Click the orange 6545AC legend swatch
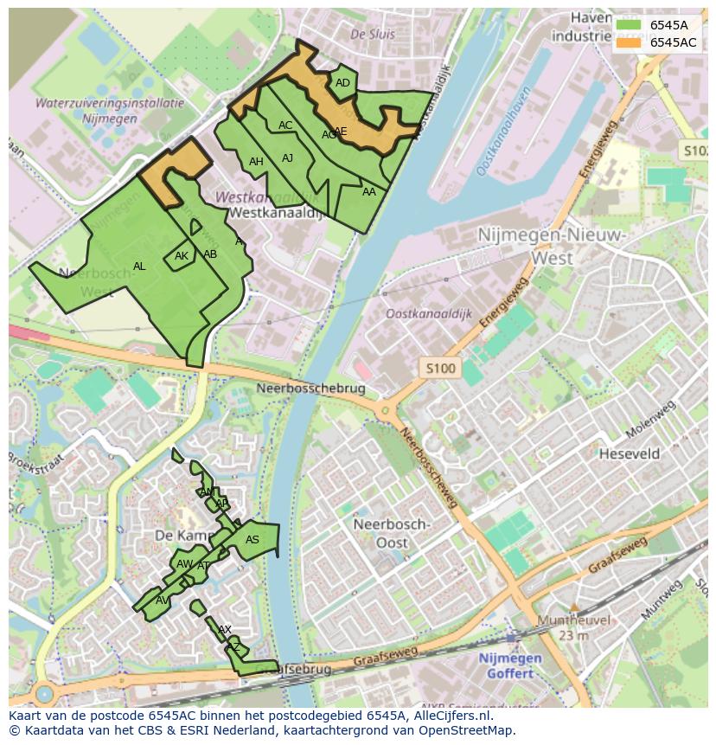[x=629, y=42]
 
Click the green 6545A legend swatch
[x=629, y=25]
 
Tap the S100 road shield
[x=440, y=369]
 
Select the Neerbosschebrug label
[x=309, y=389]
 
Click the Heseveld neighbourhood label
[x=630, y=453]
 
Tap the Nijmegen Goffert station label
[x=510, y=665]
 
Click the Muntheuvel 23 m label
[x=573, y=627]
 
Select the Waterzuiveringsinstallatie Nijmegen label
[x=109, y=111]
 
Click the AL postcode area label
[x=139, y=267]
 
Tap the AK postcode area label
[x=182, y=256]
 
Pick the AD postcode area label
[x=342, y=83]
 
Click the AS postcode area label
[x=253, y=540]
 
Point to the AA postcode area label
[x=369, y=192]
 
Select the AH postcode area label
[x=256, y=162]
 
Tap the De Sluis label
[x=373, y=35]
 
